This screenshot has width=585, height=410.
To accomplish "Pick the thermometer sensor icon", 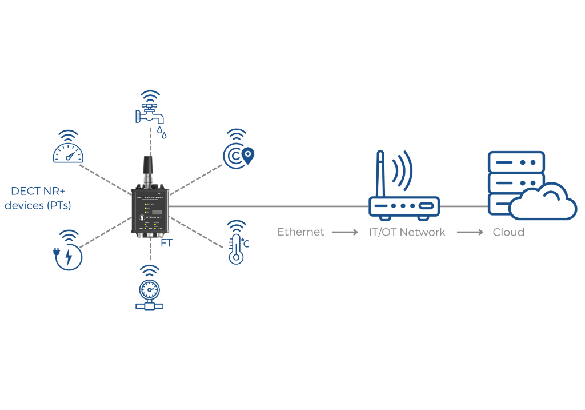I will (x=236, y=243).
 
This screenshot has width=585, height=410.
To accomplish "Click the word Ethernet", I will (x=301, y=233).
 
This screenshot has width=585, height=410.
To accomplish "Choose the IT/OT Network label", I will (x=407, y=233).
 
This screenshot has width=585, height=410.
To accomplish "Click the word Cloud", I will (x=508, y=233).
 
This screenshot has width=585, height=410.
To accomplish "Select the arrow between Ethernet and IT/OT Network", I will (x=345, y=233).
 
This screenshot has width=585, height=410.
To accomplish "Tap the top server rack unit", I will (x=515, y=162).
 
